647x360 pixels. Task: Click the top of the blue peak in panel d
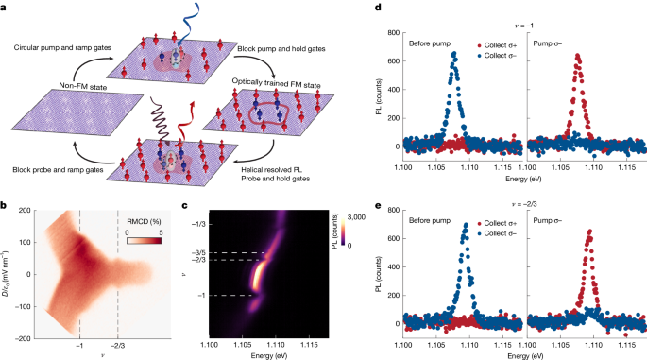pos(455,56)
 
